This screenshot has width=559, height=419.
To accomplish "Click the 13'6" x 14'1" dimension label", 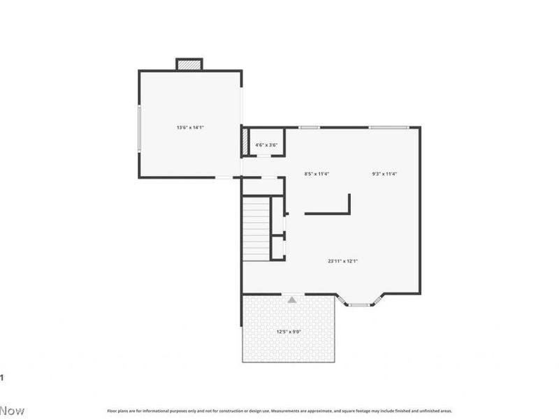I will tap(189, 128).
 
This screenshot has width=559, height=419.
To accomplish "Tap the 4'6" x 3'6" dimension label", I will tap(266, 145).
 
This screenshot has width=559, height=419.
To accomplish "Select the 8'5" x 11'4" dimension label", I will tap(317, 174).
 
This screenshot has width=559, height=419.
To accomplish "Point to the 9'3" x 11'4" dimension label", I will tap(384, 174).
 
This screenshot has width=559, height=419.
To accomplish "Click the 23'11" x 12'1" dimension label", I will tap(343, 261).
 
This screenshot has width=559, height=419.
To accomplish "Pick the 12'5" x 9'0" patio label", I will tap(289, 332).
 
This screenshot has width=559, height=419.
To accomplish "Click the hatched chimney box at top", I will tap(189, 64).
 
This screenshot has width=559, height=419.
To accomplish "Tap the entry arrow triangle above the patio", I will tap(292, 300).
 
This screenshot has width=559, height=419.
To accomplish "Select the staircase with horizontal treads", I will tap(256, 229).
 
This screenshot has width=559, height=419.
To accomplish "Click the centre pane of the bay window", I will tap(360, 304).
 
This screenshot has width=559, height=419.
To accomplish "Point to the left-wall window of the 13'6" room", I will tap(139, 128).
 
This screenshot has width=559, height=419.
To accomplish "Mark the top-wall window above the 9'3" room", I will tap(389, 127).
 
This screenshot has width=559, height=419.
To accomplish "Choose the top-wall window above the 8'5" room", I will tap(309, 127).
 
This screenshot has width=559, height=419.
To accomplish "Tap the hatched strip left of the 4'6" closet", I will tap(245, 142).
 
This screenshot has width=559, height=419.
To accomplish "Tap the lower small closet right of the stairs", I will tap(277, 248).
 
